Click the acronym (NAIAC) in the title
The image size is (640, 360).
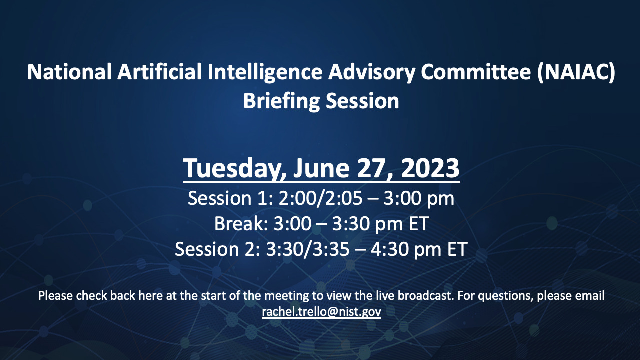point(576,72)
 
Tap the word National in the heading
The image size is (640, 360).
point(69,72)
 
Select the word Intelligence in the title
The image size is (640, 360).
point(265,72)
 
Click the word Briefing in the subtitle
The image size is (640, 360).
point(281,101)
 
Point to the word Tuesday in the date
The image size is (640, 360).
point(234,168)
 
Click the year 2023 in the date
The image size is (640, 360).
point(430,168)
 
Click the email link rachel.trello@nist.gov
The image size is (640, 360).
point(321,312)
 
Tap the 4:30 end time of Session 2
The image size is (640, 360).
point(389,249)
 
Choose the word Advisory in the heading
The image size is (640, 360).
point(371,73)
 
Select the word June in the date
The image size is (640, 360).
point(321,168)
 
